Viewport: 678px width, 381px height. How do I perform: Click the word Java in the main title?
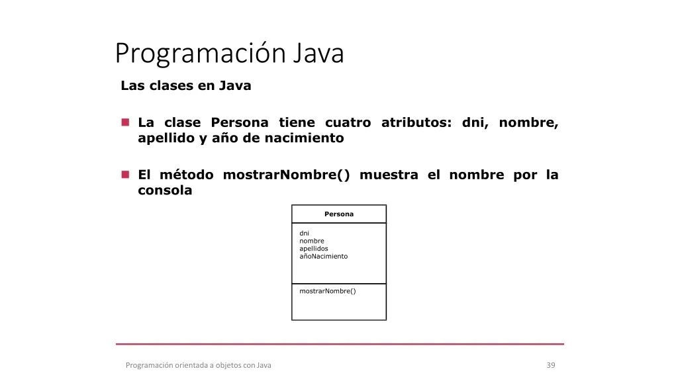318,53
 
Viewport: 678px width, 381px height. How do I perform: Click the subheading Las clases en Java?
186,85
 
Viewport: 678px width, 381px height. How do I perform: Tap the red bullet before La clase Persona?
125,122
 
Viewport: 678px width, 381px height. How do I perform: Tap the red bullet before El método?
125,175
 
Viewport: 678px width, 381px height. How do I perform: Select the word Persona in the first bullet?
240,122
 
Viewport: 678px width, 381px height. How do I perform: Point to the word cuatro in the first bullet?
348,122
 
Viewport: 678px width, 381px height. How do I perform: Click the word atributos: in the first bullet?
416,122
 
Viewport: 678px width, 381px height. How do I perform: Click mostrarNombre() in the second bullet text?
286,175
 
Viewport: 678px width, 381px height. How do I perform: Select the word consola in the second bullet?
165,190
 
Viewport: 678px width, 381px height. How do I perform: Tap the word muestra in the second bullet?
389,175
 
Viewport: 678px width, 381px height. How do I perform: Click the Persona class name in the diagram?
339,214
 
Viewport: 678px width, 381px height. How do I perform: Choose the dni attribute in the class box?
305,233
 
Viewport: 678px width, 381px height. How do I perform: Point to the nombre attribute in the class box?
312,241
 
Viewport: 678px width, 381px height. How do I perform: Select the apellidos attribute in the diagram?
314,249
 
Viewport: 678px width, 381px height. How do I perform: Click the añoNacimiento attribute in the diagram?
323,256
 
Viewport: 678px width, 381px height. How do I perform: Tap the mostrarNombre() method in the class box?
328,291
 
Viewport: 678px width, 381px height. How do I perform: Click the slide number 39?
551,365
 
